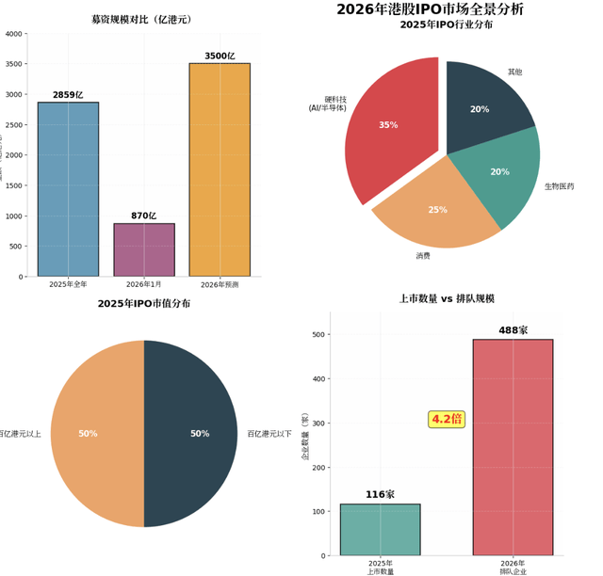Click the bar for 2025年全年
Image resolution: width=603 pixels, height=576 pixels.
pos(68,189)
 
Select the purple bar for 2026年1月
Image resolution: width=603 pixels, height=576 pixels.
pos(144,249)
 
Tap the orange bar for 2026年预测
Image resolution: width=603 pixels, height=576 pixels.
pos(220,169)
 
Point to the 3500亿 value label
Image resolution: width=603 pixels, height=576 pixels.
pos(220,56)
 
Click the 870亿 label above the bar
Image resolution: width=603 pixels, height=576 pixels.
pos(144,216)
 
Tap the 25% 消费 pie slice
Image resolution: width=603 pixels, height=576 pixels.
pos(438,212)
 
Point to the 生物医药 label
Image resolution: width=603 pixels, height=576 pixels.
pos(559,186)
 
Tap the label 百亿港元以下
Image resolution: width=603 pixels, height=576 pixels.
pos(269,434)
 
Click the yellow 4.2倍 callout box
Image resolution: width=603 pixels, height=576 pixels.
pos(447,419)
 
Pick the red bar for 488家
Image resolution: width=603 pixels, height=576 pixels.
pos(513,447)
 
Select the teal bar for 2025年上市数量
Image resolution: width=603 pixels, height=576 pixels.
pos(380,530)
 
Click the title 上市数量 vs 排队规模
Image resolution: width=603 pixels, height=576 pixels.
pos(447,298)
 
